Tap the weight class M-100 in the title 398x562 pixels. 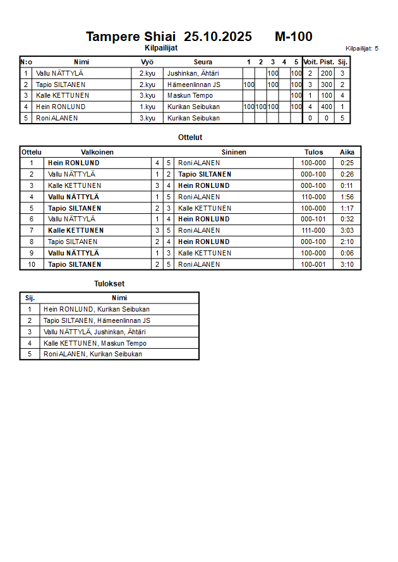[293, 37]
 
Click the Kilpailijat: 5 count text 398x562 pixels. [362, 48]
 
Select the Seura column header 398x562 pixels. [203, 62]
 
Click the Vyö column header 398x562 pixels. [147, 62]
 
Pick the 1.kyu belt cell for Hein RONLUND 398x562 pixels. [147, 107]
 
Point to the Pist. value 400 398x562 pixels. [327, 107]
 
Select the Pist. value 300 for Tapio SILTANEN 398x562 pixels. [327, 85]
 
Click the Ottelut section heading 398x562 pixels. [190, 138]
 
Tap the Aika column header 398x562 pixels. [347, 152]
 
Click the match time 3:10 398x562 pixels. [347, 264]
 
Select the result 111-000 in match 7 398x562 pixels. [313, 230]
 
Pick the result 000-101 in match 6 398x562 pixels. [313, 219]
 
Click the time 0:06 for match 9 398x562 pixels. [347, 253]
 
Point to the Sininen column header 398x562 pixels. [234, 152]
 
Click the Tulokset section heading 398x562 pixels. [109, 284]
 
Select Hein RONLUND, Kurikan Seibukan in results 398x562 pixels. [97, 309]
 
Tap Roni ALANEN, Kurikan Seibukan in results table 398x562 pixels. [93, 354]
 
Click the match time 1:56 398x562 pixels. [347, 197]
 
